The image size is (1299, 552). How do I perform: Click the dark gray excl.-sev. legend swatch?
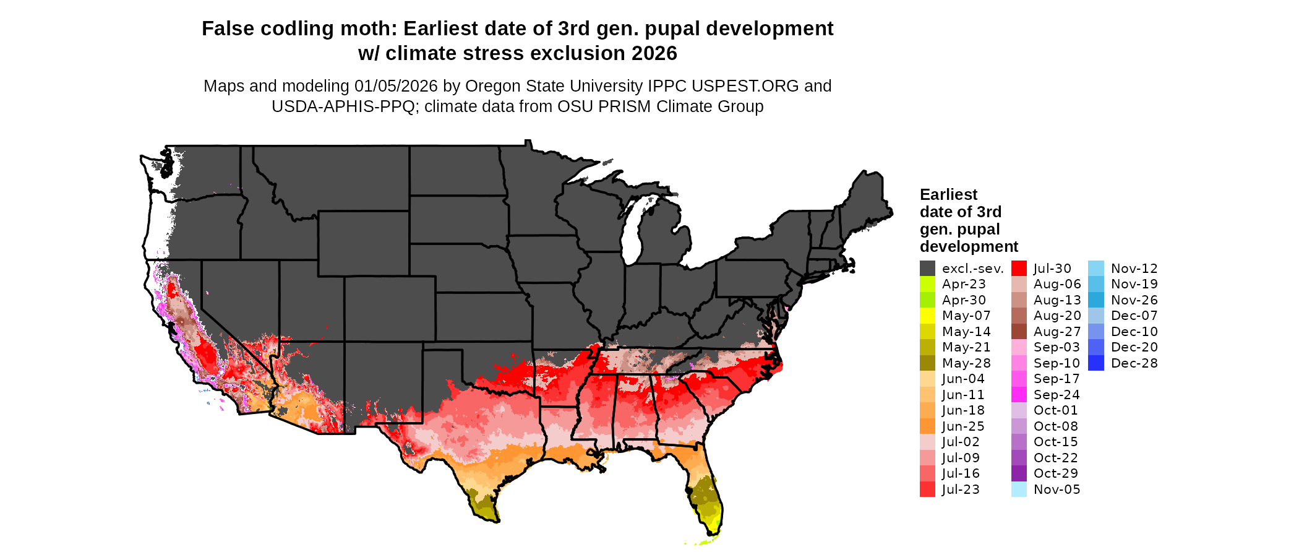927,269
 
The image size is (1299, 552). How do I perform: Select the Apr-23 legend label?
964,284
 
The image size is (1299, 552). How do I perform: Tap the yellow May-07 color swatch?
927,316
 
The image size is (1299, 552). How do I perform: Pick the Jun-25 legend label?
963,426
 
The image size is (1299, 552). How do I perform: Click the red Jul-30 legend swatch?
1019,269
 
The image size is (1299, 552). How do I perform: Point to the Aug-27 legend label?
1057,332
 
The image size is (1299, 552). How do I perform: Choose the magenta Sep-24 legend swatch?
1019,395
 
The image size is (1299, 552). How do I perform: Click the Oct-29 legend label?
1056,473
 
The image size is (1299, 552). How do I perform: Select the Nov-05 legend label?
1057,489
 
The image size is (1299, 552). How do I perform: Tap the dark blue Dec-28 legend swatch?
1095,363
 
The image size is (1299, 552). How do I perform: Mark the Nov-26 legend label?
1134,300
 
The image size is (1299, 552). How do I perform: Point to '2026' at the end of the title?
654,54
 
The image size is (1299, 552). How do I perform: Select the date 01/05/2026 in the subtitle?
396,86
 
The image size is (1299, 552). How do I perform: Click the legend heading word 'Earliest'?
948,195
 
